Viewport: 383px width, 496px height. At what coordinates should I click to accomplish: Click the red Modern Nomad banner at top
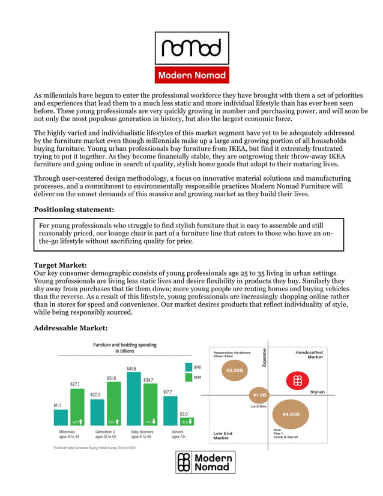click(191, 75)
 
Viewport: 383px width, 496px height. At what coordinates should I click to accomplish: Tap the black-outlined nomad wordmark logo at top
click(191, 47)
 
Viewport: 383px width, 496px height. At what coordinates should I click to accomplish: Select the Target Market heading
click(60, 265)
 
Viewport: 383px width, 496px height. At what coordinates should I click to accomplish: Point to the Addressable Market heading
click(70, 328)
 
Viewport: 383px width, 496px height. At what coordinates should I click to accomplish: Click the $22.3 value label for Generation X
click(95, 395)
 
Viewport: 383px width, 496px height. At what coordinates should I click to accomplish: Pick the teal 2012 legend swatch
click(188, 366)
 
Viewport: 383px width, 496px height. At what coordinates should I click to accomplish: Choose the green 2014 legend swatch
click(188, 377)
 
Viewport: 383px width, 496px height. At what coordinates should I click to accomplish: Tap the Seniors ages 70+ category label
click(179, 434)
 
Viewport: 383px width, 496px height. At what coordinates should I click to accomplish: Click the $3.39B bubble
click(234, 370)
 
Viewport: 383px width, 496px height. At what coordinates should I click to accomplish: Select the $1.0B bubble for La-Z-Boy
click(260, 395)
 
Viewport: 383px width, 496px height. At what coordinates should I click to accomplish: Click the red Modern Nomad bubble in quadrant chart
click(297, 381)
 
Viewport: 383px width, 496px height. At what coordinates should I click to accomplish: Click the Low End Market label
click(223, 435)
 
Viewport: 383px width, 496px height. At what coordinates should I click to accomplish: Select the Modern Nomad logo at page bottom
click(205, 462)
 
